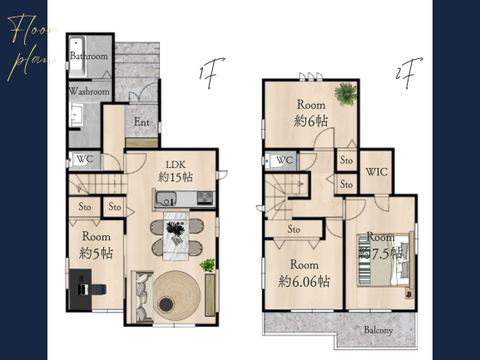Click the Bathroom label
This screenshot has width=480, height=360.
coord(89,56)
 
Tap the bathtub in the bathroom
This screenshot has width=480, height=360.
coord(77,57)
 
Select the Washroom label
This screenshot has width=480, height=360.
coord(89,91)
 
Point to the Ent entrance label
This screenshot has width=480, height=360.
coord(141,122)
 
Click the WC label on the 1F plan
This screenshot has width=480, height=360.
coord(85,159)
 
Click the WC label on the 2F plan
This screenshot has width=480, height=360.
coord(285,160)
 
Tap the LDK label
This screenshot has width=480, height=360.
coord(176,165)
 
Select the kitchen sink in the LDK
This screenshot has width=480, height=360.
coord(166,199)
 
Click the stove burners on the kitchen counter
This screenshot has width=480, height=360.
coord(205,197)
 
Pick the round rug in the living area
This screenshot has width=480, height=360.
coord(176,295)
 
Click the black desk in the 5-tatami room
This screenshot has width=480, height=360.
coord(80,289)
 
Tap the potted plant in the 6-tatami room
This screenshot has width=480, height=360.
coord(345,94)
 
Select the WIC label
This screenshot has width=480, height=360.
coord(377,172)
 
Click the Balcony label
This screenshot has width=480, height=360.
coord(379,330)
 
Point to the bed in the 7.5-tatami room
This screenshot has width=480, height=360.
coord(385,260)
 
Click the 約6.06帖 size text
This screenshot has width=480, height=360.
coord(304,281)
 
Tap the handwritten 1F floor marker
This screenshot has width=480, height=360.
coord(211,72)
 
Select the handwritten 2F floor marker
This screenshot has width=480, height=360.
coord(408,72)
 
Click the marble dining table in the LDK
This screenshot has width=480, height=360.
coord(176,235)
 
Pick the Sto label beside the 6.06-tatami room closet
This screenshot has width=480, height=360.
coord(294,229)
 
